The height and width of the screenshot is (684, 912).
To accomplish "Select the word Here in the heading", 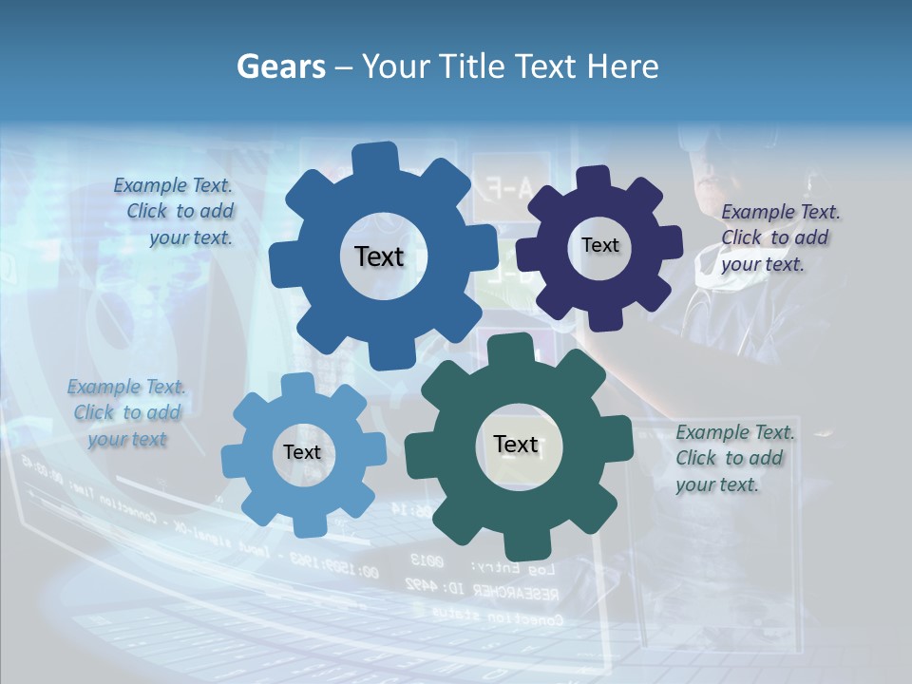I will (x=622, y=66).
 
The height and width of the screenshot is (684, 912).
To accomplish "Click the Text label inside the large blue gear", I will (x=379, y=256).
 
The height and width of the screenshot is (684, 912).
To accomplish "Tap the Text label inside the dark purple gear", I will (x=599, y=245).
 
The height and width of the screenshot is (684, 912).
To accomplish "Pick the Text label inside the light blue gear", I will (x=302, y=452).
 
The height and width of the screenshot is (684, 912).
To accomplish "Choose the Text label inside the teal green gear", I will (x=516, y=445).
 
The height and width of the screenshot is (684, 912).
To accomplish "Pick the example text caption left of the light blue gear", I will (x=126, y=413).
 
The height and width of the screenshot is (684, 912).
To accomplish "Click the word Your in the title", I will (x=398, y=66).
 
